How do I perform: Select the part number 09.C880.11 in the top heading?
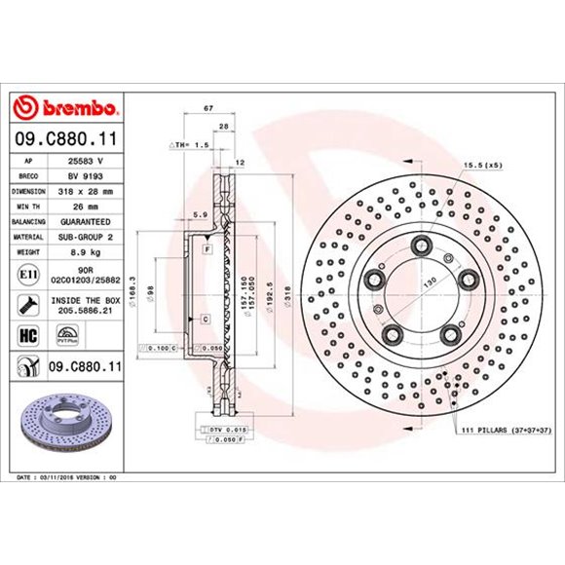[67, 139]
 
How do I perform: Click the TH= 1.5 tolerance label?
[190, 144]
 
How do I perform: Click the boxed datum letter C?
[207, 320]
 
